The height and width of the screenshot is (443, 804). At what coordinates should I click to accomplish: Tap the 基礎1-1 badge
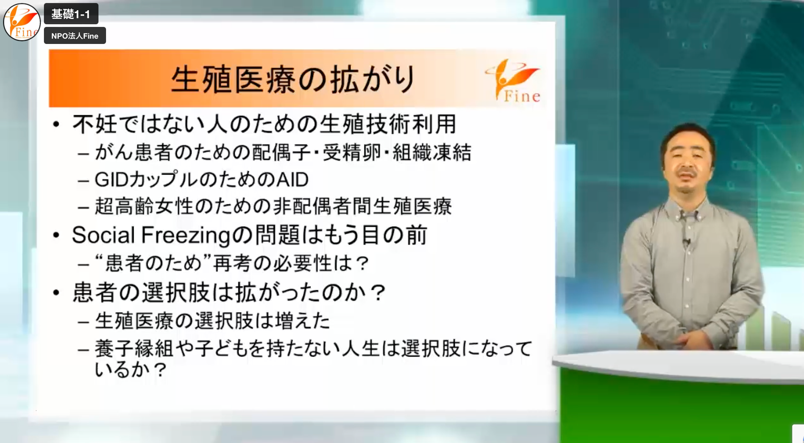[x=71, y=14]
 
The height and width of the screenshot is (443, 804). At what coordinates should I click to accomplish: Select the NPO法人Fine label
[x=75, y=36]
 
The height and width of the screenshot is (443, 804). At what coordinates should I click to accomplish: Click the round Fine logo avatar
[x=22, y=22]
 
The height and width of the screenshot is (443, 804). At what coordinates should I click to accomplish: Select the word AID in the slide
[x=292, y=180]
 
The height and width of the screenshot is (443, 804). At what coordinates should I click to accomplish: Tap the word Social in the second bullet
[x=103, y=235]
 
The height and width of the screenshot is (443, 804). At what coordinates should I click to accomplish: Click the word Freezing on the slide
[x=186, y=236]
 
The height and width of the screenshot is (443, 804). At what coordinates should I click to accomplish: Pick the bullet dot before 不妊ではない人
[x=56, y=124]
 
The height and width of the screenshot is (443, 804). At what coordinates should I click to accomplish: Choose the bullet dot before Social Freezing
[x=56, y=235]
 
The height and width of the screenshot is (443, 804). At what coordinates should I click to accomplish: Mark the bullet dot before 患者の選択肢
[x=56, y=293]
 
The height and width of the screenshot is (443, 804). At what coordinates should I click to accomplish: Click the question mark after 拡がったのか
[x=378, y=293]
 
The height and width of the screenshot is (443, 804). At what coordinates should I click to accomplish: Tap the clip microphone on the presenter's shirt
[x=686, y=241]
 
